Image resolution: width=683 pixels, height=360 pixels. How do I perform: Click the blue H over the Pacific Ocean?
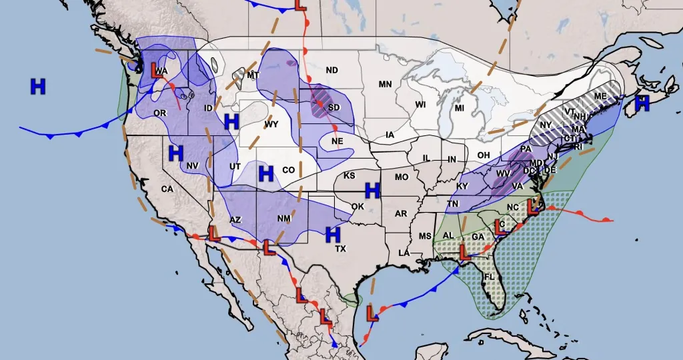(x=38, y=86)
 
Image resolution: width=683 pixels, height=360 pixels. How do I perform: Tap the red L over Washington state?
(x=158, y=71)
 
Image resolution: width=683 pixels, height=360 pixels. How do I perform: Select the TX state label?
(x=340, y=249)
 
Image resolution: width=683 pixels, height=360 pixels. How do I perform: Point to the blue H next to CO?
(x=266, y=174)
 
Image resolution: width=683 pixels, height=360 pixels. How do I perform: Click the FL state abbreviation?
(x=489, y=277)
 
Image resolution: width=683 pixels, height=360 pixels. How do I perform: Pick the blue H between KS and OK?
(x=372, y=191)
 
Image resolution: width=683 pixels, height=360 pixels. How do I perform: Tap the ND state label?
(x=331, y=71)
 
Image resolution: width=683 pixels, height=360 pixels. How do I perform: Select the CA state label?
(x=167, y=189)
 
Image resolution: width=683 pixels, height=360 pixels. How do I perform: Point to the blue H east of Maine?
(x=642, y=103)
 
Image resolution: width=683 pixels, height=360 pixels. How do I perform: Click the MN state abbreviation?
(x=385, y=84)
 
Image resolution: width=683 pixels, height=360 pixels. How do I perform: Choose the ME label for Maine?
(x=600, y=97)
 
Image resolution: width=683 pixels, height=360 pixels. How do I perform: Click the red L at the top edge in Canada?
(x=300, y=4)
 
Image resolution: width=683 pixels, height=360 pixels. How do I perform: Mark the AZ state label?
(x=235, y=219)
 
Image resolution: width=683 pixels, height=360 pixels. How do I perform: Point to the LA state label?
(x=404, y=253)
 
